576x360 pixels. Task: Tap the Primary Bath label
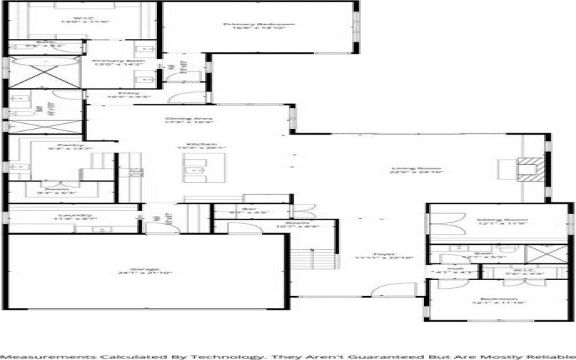pos(118,62)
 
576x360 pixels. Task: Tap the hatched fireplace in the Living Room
pos(530,170)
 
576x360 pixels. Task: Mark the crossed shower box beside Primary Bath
pos(44,76)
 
